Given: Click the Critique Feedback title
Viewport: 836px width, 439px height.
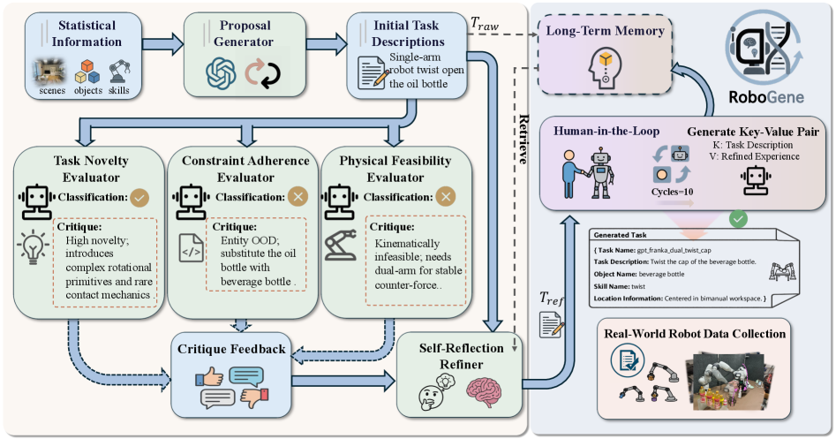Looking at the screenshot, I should [232, 349].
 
